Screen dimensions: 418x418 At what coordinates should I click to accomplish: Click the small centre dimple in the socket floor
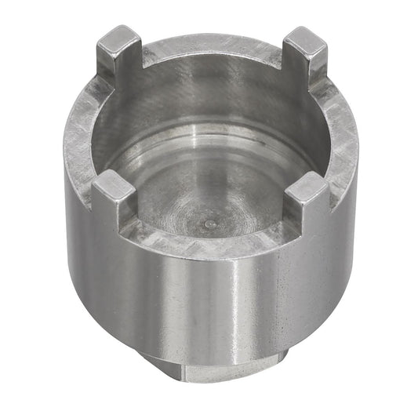[x=208, y=223]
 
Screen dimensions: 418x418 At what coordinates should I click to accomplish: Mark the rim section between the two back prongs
[x=212, y=43]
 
